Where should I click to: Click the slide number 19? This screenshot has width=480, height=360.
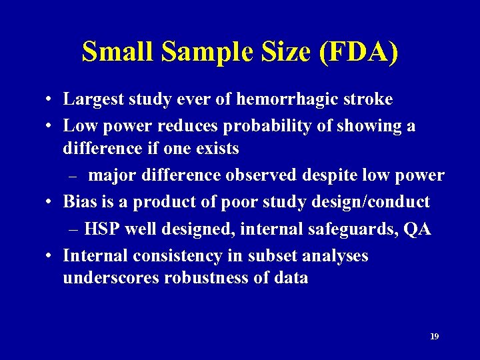coord(434,337)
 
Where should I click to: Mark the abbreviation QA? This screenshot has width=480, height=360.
coord(417,229)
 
